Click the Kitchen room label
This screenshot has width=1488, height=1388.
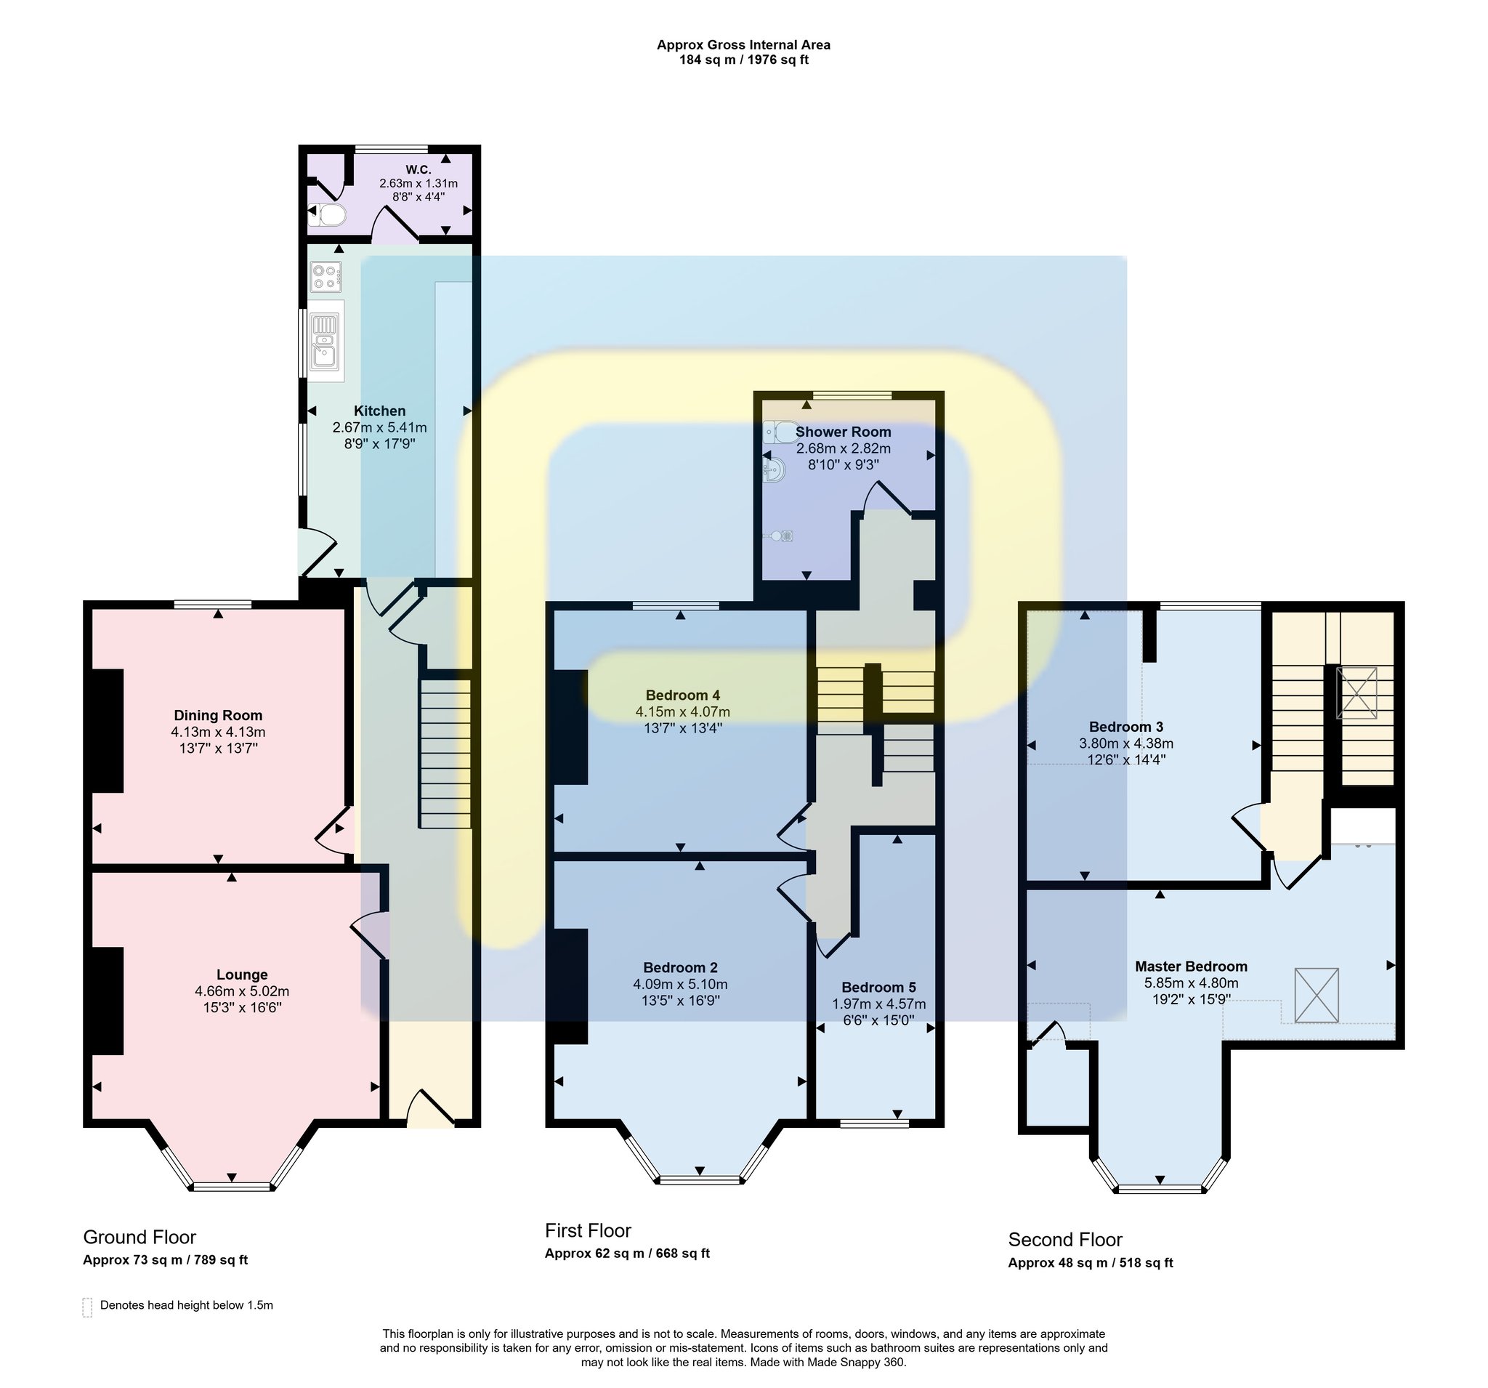379,411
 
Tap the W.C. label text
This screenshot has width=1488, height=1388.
418,170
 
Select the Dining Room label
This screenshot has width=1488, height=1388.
218,716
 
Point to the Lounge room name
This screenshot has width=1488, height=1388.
242,975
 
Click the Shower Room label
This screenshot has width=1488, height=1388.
843,432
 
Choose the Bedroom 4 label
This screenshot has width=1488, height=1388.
683,695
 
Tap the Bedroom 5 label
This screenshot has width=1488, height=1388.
878,988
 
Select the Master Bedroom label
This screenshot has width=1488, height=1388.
1191,967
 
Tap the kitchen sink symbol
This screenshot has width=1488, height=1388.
325,342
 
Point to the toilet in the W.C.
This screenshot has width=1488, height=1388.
328,216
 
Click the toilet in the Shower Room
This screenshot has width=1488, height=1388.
782,432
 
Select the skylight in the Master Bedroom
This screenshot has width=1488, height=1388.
1316,995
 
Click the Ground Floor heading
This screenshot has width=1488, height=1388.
140,1237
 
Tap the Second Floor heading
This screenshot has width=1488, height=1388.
1065,1240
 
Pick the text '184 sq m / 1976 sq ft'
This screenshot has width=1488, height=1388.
744,60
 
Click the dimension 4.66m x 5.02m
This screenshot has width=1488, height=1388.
242,991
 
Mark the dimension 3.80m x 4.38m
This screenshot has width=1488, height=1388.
1125,744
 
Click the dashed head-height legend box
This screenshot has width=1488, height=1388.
87,1307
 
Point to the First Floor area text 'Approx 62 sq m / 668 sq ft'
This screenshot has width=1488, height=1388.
627,1254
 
